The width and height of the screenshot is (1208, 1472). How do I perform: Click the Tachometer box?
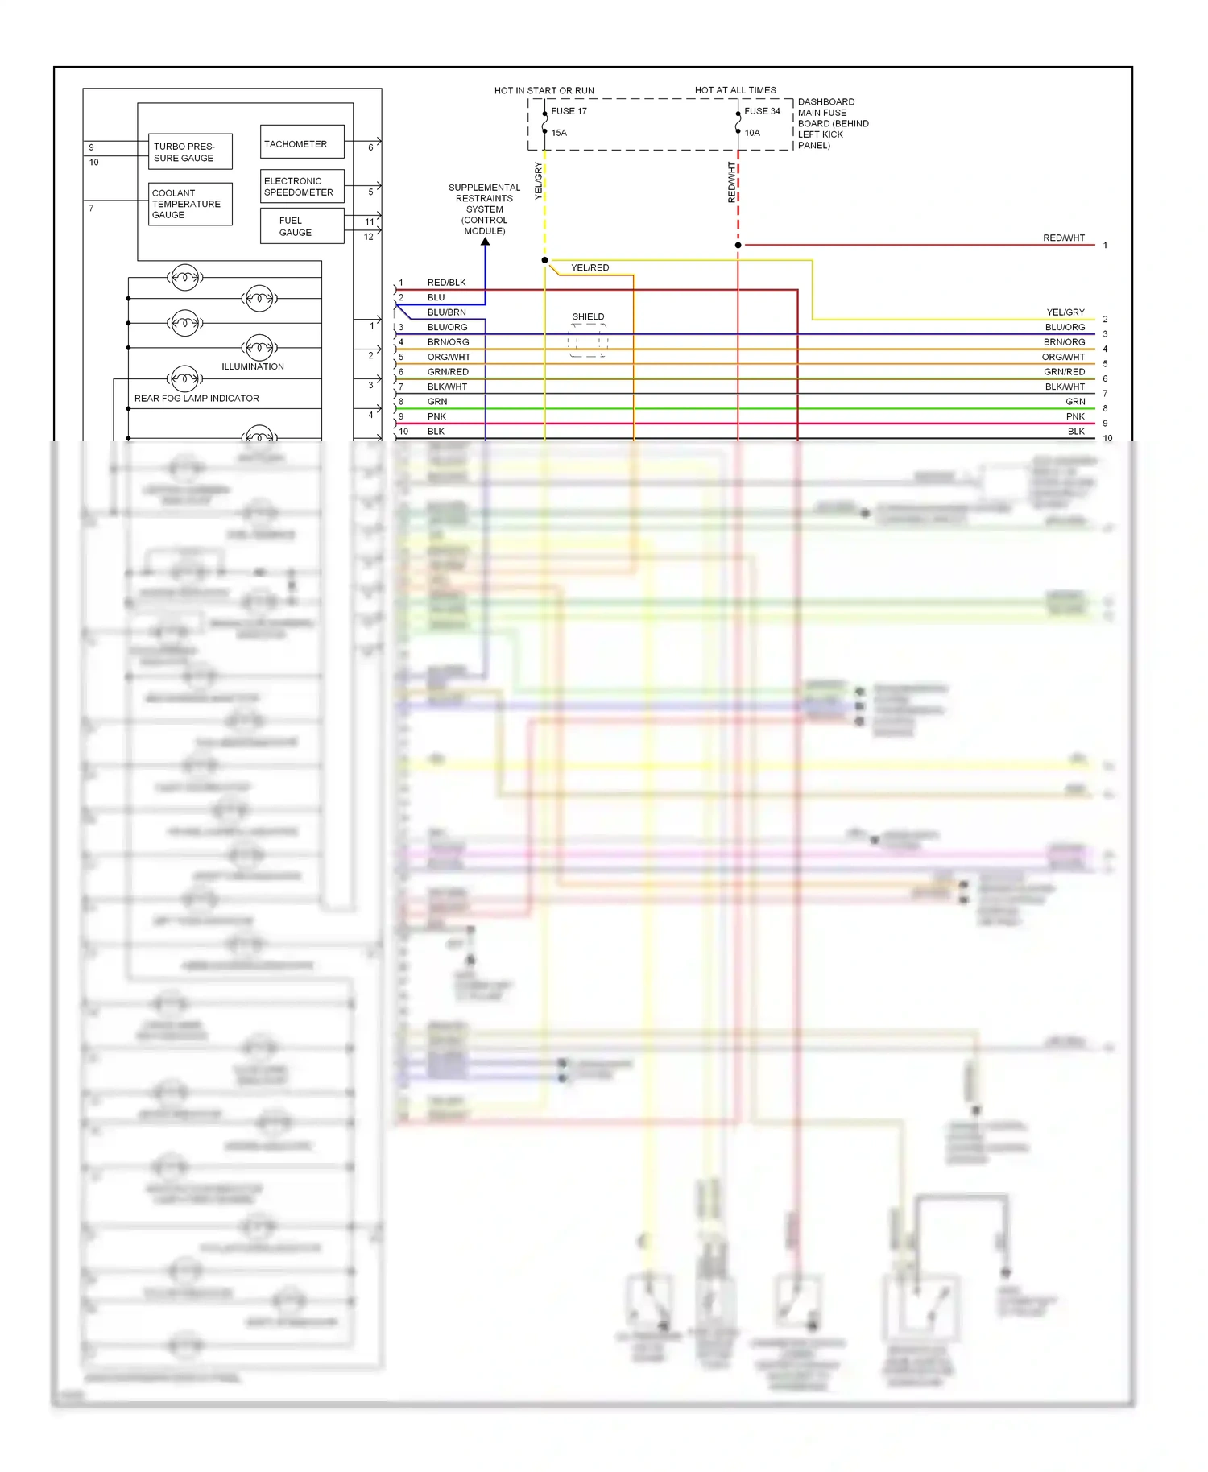(302, 143)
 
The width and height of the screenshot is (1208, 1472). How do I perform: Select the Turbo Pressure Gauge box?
(190, 152)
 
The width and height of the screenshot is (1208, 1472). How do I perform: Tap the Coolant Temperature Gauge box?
(190, 204)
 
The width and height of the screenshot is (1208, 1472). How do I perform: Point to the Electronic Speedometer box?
(302, 186)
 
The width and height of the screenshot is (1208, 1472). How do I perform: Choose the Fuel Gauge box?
(302, 226)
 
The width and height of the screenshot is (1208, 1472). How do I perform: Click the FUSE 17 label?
(569, 111)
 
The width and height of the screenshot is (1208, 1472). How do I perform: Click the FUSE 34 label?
(762, 111)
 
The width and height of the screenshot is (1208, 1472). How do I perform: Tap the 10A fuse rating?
(752, 133)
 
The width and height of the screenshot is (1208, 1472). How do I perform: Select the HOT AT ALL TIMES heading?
(735, 90)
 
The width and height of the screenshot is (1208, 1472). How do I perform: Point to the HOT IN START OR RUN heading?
(544, 90)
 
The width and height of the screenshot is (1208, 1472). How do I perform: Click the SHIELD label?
(588, 316)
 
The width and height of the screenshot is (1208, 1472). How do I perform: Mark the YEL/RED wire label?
(590, 267)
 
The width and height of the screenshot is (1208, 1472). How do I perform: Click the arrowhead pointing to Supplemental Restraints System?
(485, 242)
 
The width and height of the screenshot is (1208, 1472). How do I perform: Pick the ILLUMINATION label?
(253, 366)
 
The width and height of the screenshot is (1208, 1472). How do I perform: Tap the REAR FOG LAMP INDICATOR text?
(197, 398)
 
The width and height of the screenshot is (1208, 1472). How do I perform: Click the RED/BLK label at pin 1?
(447, 283)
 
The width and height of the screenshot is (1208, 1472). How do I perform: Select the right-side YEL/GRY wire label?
(1065, 312)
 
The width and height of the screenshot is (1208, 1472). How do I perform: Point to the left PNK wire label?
(436, 416)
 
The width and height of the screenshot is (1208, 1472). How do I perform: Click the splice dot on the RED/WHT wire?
(738, 245)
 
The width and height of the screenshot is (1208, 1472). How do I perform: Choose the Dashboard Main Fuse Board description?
(833, 123)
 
